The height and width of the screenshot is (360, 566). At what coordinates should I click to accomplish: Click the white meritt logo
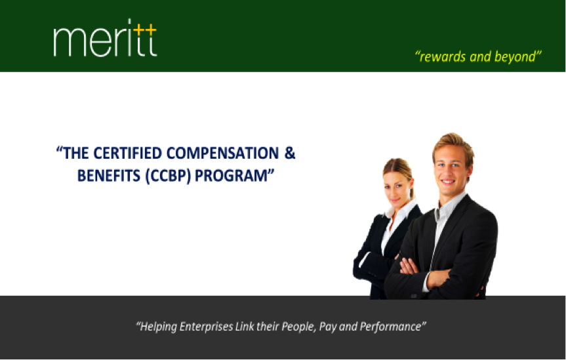tap(105, 38)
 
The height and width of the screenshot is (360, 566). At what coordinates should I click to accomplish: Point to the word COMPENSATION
tap(222, 153)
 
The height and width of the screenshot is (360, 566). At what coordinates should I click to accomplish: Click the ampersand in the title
tap(290, 153)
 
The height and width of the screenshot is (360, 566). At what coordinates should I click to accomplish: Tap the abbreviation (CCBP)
tap(168, 176)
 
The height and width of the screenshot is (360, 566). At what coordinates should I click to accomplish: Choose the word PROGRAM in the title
tap(231, 176)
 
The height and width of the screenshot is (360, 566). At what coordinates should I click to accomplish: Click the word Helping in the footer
tap(158, 327)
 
